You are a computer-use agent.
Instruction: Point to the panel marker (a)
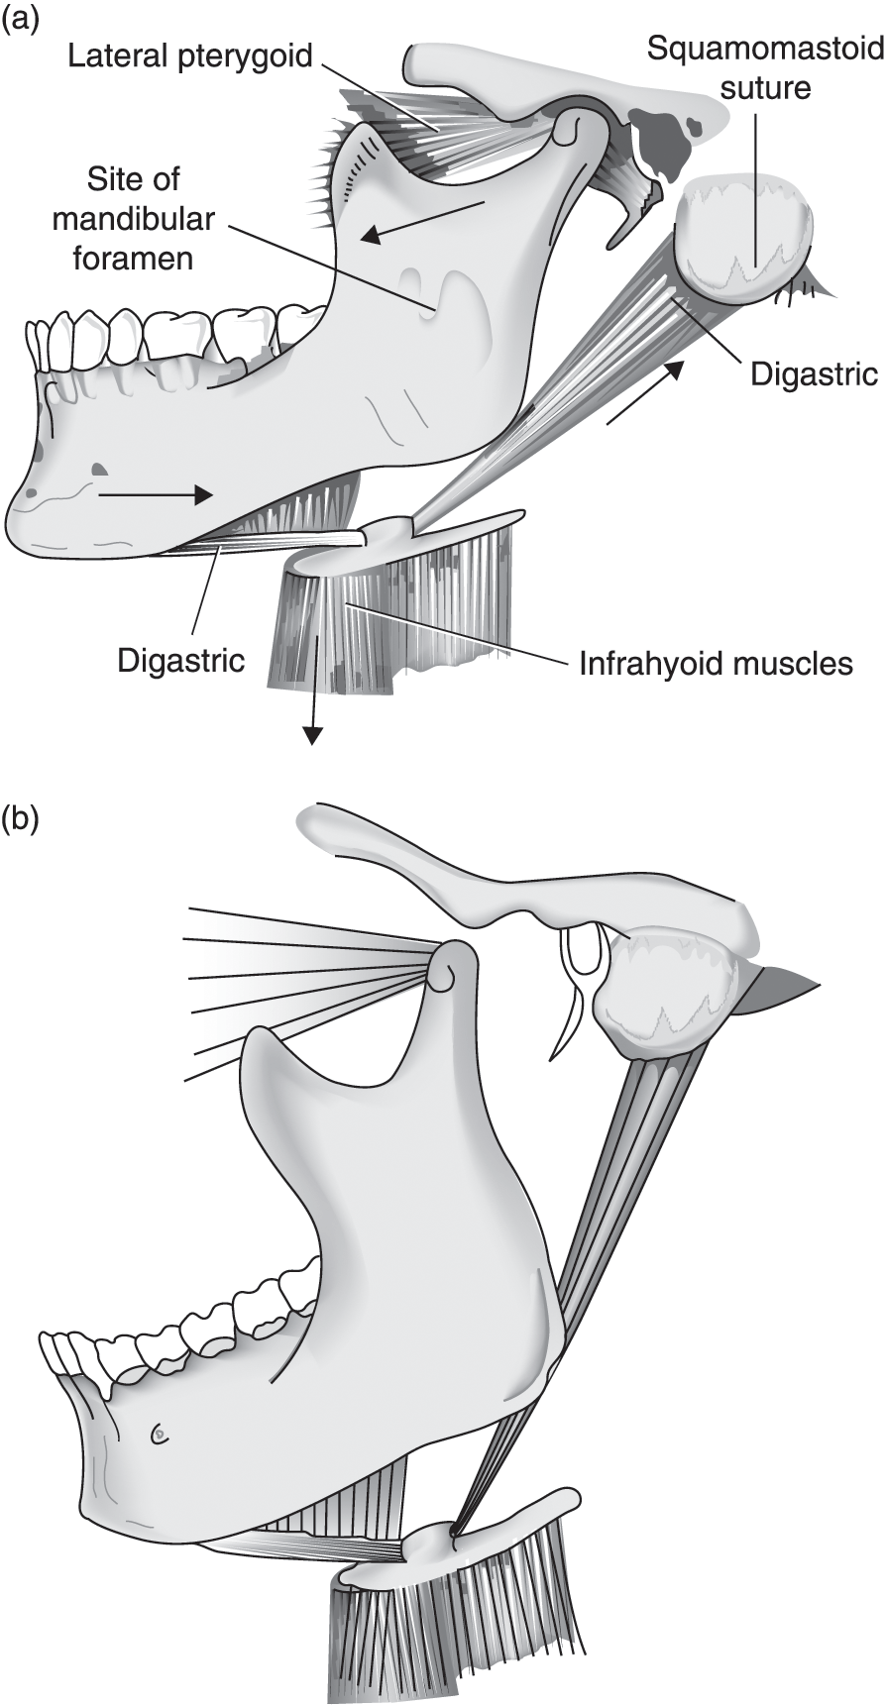(x=21, y=20)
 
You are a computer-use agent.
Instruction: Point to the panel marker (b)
(x=21, y=820)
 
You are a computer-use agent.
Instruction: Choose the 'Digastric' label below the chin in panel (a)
(x=180, y=660)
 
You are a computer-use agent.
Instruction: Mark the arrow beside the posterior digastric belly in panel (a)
(x=644, y=393)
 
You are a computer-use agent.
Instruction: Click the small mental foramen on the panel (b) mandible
(x=159, y=1433)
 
